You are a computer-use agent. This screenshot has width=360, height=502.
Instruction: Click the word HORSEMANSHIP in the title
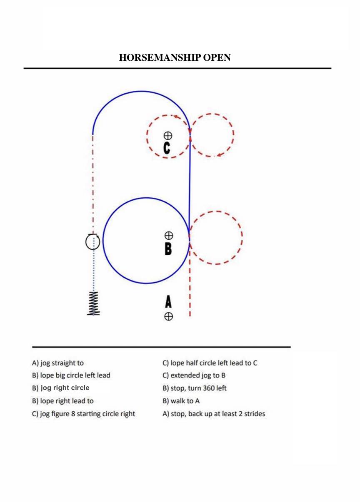coord(160,57)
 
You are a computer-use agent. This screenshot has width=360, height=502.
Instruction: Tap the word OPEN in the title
coord(217,57)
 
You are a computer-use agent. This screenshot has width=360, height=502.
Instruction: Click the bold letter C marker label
coord(167,148)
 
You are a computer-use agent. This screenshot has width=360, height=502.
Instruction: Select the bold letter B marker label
coord(168,249)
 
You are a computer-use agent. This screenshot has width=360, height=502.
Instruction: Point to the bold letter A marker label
coord(168,302)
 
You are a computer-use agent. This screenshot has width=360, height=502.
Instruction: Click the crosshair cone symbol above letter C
coord(168,136)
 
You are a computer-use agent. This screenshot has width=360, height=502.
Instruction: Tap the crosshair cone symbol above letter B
coord(169,236)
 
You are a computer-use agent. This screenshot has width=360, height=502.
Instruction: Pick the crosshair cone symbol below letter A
coord(168,317)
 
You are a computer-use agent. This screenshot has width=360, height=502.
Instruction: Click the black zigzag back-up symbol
coord(93,303)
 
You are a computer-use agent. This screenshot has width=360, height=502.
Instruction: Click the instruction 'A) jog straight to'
coord(58,363)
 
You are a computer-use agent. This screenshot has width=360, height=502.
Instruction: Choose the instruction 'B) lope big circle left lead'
coord(71,375)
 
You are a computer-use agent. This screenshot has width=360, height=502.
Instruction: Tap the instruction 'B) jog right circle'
coord(60,388)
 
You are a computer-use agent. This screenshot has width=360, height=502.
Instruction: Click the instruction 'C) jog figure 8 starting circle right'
coord(83,414)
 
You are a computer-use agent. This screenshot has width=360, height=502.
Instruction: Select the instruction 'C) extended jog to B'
coord(194,375)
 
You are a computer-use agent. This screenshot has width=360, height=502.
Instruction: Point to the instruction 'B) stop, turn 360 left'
coord(195,388)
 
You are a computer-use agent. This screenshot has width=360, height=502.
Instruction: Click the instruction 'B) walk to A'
coord(181,401)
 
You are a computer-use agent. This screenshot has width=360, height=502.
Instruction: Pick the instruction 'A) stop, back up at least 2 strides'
coord(214,414)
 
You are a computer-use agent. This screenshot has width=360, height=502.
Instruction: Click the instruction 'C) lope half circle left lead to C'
coord(210,363)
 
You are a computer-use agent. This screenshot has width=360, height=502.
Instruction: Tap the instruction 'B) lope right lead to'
coord(63,401)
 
